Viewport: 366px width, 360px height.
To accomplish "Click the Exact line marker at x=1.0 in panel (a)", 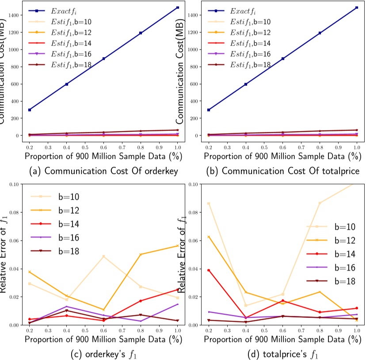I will (x=177, y=8).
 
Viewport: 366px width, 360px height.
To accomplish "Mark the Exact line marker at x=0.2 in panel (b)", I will (x=209, y=110).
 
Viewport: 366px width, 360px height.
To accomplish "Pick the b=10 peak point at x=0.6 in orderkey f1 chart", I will (x=103, y=257).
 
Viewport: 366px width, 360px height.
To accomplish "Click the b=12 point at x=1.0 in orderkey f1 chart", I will (x=177, y=245).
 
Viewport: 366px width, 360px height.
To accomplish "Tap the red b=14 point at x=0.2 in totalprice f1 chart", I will (x=209, y=270).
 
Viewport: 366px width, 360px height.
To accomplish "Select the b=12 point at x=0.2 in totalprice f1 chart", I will (x=209, y=237).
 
